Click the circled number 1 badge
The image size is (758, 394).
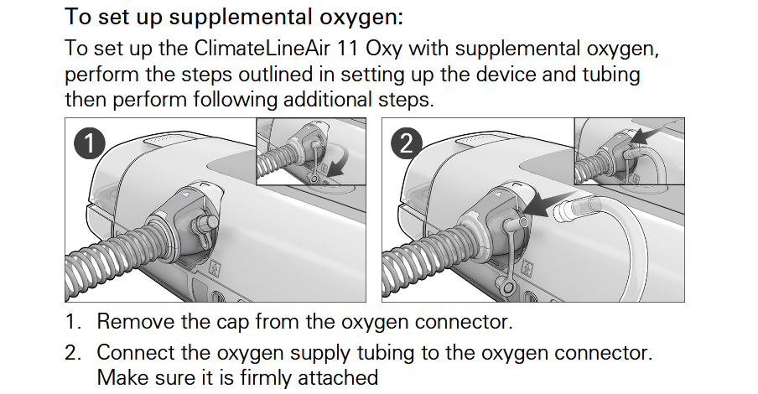(90, 143)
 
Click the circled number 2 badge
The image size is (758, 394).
(407, 143)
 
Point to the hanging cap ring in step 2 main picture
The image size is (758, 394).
(507, 288)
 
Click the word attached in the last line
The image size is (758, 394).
(338, 377)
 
